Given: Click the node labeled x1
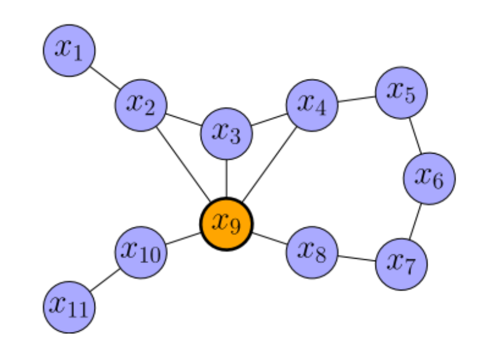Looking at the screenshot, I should pos(69,50).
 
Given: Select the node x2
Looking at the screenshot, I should pos(140,105).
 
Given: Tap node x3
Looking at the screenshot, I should pos(226,133).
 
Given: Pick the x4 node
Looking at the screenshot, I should pos(312,105).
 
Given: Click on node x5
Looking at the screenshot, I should pos(401,93).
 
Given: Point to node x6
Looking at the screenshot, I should pos(429,178).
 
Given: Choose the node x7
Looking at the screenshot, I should pos(401,264).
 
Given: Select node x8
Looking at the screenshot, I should pos(312,252).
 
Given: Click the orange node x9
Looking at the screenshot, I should pos(226,223).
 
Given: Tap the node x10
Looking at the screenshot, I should pos(141,252).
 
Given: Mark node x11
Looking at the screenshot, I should pos(69,307).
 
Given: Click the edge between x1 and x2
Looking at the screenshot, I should pos(105,78).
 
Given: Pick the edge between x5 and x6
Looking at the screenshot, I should pos(415,135).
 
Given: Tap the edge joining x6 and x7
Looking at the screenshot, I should pos(416,221).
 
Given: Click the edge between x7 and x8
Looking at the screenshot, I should pos(357,258).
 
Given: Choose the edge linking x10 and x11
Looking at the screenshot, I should pos(105,279).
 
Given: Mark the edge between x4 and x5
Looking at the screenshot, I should pos(357,99).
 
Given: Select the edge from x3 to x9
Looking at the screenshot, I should pos(226,178).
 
